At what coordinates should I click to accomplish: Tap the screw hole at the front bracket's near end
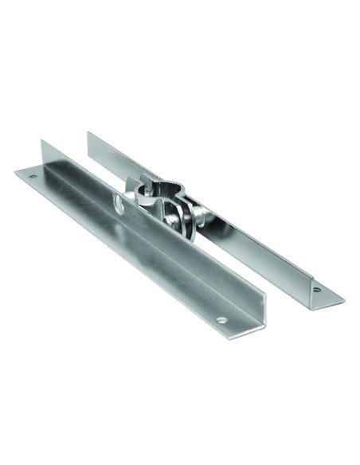pos(221,321)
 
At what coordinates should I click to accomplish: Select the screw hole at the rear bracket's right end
pos(317,291)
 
